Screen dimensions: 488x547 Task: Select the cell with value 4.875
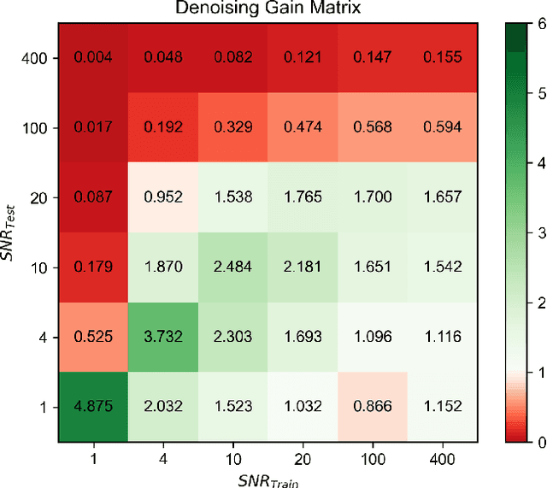[x=92, y=406]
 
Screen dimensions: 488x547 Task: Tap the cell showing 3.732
[x=162, y=337]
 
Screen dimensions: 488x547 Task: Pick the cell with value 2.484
[x=232, y=268]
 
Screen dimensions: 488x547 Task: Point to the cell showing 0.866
[x=371, y=406]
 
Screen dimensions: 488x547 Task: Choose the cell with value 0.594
[x=440, y=128]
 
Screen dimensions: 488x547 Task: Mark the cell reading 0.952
[x=162, y=198]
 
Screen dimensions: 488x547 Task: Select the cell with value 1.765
[x=301, y=198]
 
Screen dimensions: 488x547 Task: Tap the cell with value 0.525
[x=92, y=337]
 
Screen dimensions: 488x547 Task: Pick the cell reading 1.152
[x=440, y=406]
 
